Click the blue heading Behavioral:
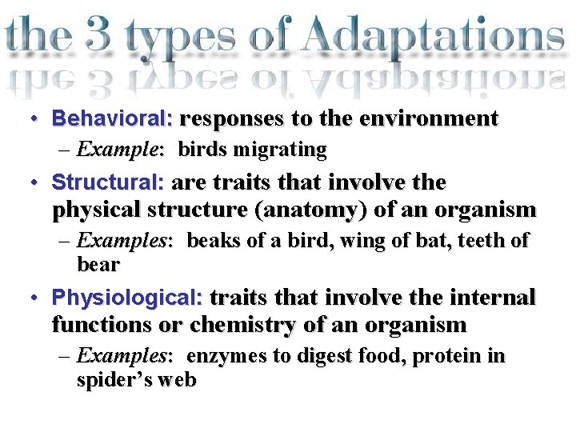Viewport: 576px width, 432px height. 113,119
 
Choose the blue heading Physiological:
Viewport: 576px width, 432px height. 127,298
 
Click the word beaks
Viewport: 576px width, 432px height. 214,241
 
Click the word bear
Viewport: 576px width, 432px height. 98,264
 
